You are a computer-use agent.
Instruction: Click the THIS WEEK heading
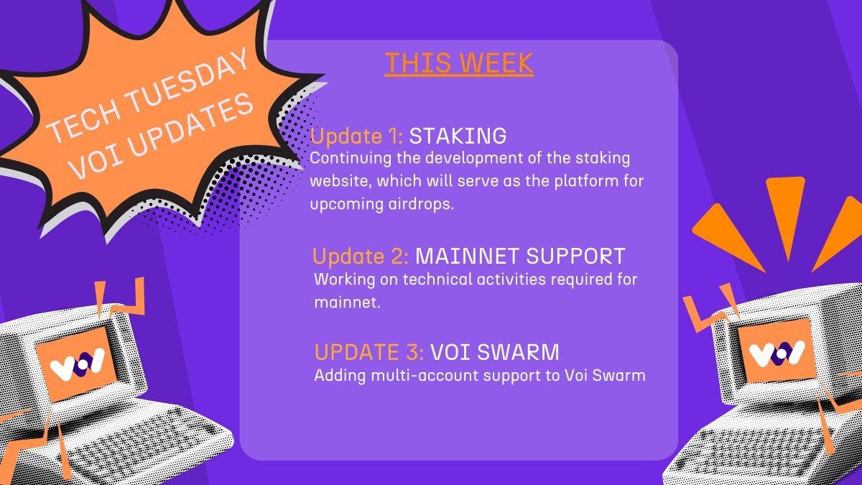[x=459, y=63]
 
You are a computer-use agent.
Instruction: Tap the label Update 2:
[x=361, y=257]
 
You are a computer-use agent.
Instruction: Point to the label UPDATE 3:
[x=369, y=353]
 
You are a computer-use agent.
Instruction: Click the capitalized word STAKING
[x=458, y=137]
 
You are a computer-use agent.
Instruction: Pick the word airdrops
[x=421, y=204]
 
